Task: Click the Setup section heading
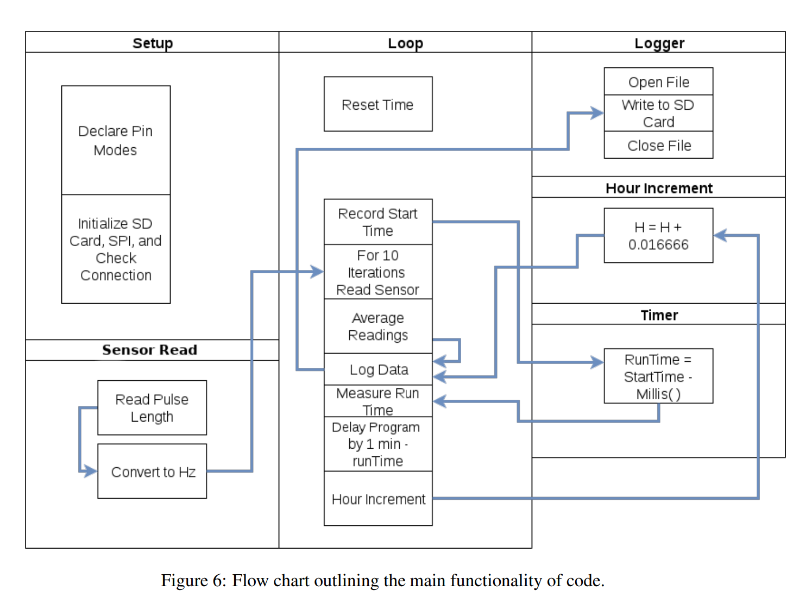(x=153, y=43)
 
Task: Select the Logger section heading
(x=659, y=43)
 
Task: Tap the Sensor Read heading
(x=149, y=350)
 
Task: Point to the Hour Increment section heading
(x=659, y=188)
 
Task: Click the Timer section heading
(x=659, y=315)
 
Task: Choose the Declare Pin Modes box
(x=116, y=140)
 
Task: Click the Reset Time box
(x=378, y=104)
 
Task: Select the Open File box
(x=658, y=81)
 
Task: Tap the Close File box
(x=658, y=145)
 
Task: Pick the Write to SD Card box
(x=658, y=113)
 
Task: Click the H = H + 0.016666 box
(x=658, y=236)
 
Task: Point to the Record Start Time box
(x=378, y=222)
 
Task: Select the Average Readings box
(x=378, y=326)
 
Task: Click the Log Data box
(x=378, y=369)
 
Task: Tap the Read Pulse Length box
(x=152, y=407)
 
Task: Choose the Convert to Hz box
(x=152, y=472)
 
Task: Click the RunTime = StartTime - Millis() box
(x=658, y=376)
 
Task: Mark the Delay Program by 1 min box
(x=378, y=444)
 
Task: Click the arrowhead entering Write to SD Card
(x=597, y=113)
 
